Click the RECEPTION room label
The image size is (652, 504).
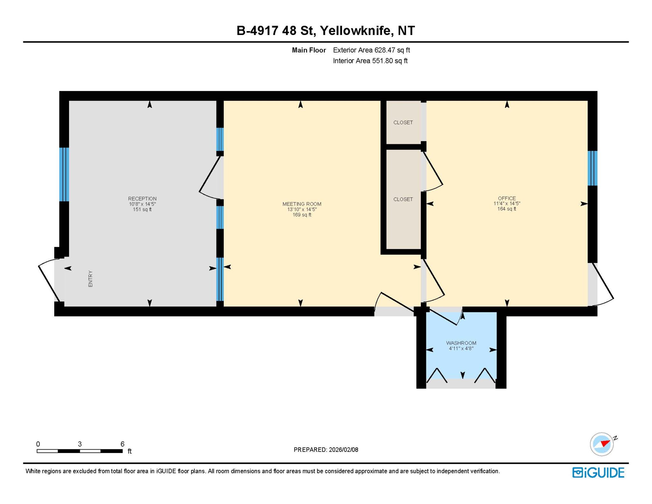142,199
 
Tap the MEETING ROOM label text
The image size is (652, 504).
302,204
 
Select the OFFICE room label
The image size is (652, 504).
507,198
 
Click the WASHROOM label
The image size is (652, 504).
461,343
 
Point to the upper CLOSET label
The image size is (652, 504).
403,123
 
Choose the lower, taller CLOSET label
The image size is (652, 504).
403,199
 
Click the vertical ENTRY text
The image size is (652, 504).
90,279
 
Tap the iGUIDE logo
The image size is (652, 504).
598,473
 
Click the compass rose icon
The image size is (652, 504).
602,444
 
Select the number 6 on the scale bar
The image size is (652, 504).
122,444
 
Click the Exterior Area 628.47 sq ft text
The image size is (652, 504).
372,50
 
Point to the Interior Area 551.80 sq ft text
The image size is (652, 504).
370,61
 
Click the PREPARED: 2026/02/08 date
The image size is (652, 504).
326,450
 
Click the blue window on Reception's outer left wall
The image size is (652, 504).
64,174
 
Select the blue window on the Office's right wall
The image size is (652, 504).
592,168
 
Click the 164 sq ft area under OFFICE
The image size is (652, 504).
507,209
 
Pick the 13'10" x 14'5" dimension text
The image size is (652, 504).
302,209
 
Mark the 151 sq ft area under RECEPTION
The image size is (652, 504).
142,209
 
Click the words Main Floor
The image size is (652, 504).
309,50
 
